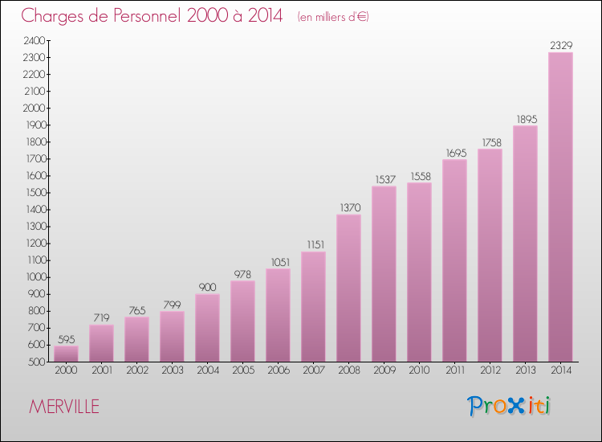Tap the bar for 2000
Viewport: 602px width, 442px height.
[x=66, y=354]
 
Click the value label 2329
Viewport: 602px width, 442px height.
[x=560, y=46]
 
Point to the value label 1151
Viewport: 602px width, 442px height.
[x=313, y=245]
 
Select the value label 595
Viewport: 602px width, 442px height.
[x=66, y=339]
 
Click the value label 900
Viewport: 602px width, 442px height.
[x=207, y=288]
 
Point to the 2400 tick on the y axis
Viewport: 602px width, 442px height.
[x=34, y=40]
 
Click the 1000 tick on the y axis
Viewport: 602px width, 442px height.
[x=34, y=277]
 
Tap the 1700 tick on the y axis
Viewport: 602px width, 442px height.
[x=34, y=159]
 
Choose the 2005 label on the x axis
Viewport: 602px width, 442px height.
[x=242, y=370]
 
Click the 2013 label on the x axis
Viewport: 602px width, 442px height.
[x=525, y=370]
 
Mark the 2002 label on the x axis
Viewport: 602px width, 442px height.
[x=136, y=370]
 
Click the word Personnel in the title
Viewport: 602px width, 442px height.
[x=141, y=15]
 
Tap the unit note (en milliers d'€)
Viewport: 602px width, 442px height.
[x=332, y=17]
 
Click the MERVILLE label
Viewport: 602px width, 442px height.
[x=64, y=407]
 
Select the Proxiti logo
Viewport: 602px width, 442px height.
[x=509, y=406]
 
